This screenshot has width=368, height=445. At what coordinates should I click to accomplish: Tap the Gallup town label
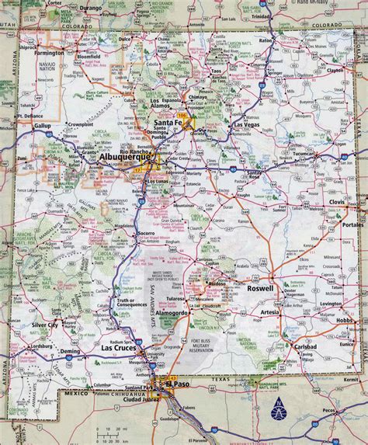[x=41, y=125]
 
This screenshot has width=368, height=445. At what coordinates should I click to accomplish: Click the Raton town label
[x=266, y=39]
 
